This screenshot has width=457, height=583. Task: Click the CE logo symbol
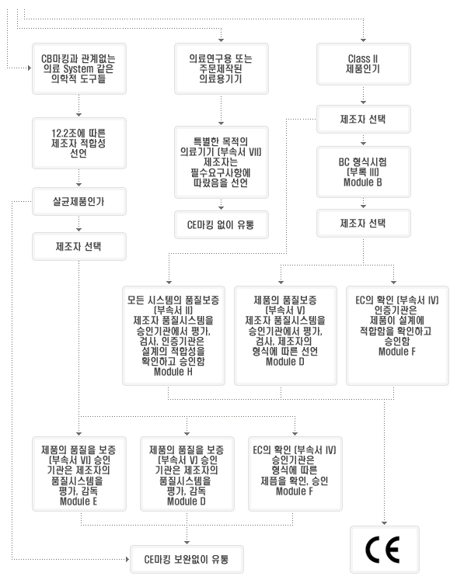[382, 550]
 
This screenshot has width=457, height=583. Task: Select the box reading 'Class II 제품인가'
[363, 64]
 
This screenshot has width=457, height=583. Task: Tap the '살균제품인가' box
[79, 202]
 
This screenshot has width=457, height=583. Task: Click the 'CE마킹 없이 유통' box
[221, 224]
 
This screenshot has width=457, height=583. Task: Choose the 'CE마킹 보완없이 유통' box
[187, 559]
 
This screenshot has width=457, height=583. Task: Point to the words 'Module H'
[173, 371]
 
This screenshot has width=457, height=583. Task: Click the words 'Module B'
[363, 182]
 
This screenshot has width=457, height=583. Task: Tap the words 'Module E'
[78, 501]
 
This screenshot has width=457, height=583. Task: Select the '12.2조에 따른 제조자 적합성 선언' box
[79, 143]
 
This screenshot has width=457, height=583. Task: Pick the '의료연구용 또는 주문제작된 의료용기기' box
[221, 68]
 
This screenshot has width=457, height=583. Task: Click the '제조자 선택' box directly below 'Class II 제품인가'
[363, 119]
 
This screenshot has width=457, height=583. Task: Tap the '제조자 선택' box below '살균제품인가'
[79, 247]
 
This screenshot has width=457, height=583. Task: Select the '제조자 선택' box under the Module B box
[363, 223]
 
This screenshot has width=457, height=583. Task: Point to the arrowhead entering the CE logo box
[385, 522]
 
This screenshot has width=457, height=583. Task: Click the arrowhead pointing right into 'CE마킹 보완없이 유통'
[127, 559]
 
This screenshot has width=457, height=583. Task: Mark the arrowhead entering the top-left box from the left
[30, 68]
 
